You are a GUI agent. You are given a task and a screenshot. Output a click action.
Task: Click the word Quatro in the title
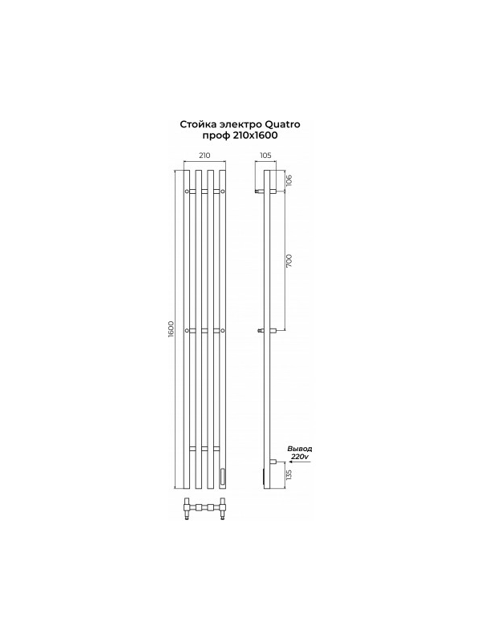click(x=277, y=124)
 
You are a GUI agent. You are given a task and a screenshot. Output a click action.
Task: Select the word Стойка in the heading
click(x=196, y=124)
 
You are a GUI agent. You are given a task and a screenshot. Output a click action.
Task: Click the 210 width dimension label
click(x=204, y=155)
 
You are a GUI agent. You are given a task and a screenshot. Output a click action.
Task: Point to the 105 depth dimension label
click(x=265, y=155)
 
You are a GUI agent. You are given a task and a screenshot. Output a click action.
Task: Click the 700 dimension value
click(x=289, y=260)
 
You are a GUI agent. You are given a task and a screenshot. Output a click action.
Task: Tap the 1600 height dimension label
click(x=171, y=329)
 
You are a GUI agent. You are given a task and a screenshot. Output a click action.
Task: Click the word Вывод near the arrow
click(x=300, y=449)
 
